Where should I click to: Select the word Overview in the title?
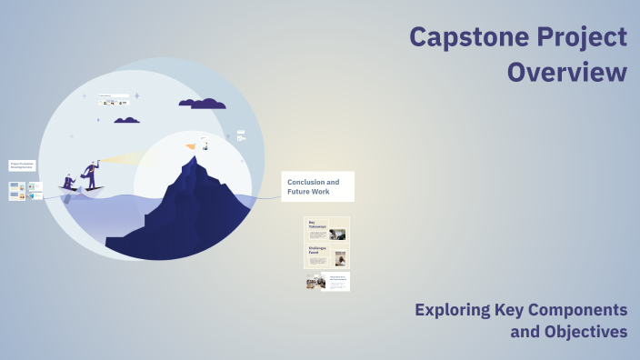(x=566, y=72)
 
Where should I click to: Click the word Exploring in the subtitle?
(x=455, y=309)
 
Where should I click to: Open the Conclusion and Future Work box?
(x=317, y=186)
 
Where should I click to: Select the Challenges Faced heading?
(x=318, y=248)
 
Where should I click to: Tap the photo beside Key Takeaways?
(x=337, y=234)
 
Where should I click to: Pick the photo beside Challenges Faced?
(x=340, y=258)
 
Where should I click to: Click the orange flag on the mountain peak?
(x=191, y=145)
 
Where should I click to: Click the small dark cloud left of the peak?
(x=126, y=120)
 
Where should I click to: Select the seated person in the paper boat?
(x=69, y=182)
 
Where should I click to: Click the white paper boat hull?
(x=82, y=191)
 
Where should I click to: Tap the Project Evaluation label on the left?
(x=22, y=165)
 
